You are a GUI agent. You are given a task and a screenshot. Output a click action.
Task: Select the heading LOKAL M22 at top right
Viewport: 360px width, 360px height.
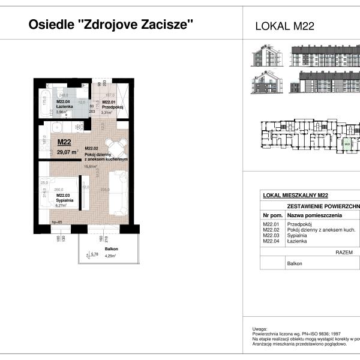pos(285,26)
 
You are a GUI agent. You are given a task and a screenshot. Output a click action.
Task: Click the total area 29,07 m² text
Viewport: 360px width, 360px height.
pos(68,152)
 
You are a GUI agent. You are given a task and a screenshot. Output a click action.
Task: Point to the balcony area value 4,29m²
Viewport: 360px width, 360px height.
pos(110,256)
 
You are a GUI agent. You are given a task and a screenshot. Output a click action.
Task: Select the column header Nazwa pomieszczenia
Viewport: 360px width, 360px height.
pos(314,214)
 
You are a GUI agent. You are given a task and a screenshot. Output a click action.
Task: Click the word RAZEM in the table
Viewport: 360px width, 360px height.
pos(344,253)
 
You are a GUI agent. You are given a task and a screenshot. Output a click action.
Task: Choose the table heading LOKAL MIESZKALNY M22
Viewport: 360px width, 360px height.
pos(295,195)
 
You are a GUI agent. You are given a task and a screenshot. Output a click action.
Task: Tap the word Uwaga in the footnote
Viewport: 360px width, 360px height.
pos(260,329)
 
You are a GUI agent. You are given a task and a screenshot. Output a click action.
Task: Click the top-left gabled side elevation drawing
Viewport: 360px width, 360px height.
pos(265,56)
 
